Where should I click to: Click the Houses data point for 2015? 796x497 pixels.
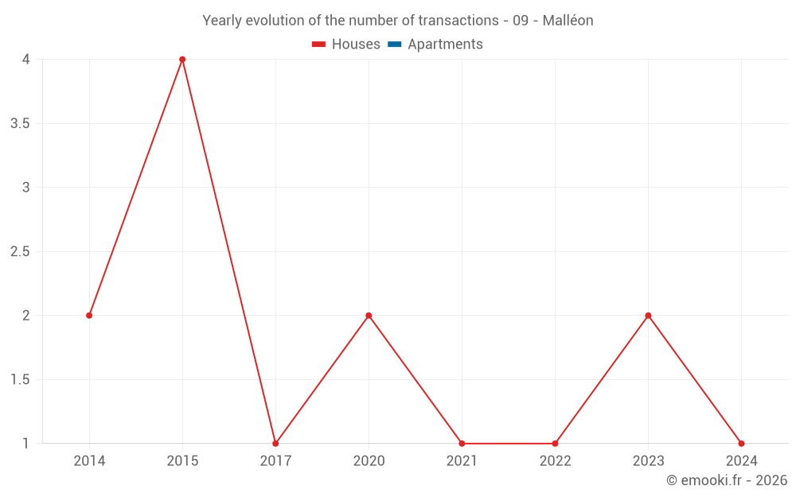pos(182,60)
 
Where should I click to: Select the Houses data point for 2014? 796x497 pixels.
pos(89,316)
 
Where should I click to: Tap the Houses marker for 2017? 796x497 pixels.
pos(275,444)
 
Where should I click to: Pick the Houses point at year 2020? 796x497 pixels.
pos(369,316)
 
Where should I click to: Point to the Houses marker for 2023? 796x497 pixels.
pos(648,316)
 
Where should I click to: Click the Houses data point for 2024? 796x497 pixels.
pos(741,444)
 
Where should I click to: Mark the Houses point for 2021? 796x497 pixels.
pos(462,444)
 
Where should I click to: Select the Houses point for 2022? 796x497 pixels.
pos(555,444)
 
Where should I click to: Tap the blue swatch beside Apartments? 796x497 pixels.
pos(394,45)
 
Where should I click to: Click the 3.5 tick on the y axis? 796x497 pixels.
pos(21,123)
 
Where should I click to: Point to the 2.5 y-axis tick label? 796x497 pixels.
pos(21,251)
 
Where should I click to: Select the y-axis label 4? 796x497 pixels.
pos(26,60)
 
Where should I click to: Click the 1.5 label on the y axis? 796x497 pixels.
pos(21,379)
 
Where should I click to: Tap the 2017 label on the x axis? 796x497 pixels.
pos(275,461)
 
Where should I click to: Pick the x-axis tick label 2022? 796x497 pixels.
pos(555,461)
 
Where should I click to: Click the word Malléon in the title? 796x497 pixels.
pos(568,21)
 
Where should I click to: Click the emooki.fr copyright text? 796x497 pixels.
pos(726,480)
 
